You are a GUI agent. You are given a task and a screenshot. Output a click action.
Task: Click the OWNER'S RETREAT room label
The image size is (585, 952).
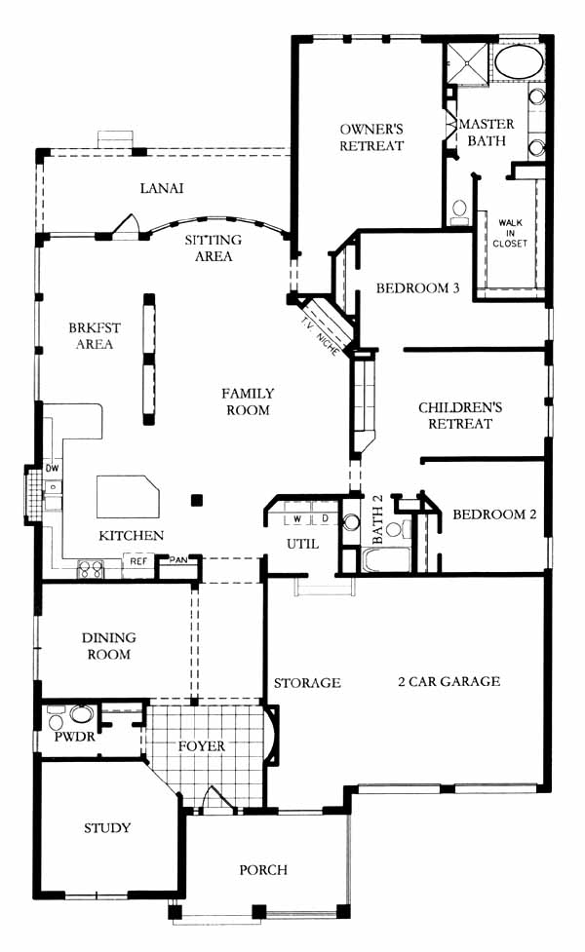[371, 137]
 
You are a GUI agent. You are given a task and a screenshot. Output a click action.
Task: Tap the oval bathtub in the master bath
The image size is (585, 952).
[518, 62]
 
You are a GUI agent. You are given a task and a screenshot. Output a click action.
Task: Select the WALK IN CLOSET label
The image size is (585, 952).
[510, 233]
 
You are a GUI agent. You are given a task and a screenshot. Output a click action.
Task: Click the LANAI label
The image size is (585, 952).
[162, 188]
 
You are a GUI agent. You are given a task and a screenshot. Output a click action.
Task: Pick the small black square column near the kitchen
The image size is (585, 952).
[197, 500]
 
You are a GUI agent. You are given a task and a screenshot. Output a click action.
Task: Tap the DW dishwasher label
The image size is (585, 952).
[53, 468]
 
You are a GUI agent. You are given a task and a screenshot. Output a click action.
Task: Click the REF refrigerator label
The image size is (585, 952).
[138, 561]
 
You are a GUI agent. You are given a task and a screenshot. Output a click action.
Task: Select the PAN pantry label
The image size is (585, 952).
[178, 559]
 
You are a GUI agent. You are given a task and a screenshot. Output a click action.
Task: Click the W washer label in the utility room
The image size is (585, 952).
[297, 519]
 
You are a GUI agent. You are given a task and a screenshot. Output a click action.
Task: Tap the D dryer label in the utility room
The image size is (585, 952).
[325, 519]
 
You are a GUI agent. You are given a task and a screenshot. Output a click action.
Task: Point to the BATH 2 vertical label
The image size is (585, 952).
[377, 519]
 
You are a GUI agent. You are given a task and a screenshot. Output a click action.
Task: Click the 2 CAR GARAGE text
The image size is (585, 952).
[448, 681]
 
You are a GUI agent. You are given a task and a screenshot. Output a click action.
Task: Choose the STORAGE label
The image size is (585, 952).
[307, 683]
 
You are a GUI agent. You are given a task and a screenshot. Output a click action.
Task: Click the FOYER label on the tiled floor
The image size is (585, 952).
[202, 745]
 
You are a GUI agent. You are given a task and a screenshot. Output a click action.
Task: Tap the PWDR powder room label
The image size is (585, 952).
[74, 737]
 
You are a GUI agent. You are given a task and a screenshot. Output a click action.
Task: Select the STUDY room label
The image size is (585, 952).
[107, 828]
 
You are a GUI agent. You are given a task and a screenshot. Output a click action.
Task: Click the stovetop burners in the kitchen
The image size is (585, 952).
[91, 569]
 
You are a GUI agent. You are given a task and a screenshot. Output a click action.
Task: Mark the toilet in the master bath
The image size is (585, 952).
[459, 209]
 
